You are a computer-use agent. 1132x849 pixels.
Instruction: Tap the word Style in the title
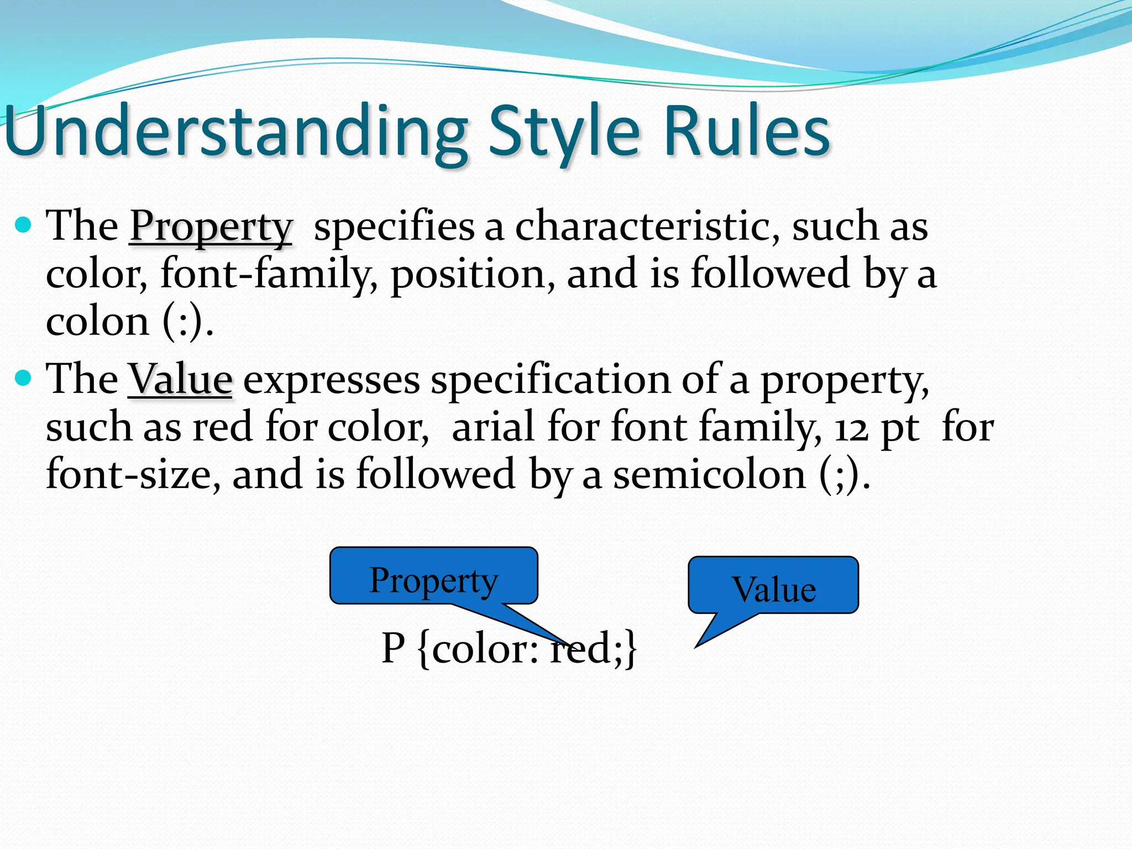(564, 133)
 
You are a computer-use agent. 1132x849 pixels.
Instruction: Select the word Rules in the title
(746, 132)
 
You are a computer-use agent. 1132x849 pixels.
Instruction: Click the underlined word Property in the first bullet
(211, 227)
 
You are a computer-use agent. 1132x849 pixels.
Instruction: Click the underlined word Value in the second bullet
(180, 380)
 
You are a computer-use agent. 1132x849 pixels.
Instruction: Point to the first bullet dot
(23, 225)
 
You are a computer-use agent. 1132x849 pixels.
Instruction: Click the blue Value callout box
(773, 585)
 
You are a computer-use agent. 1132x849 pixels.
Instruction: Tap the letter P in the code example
(394, 648)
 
